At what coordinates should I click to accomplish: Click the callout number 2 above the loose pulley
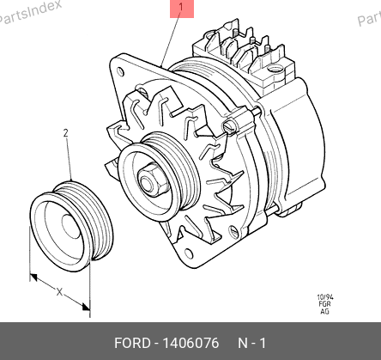[66, 133]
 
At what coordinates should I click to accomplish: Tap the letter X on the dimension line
[59, 292]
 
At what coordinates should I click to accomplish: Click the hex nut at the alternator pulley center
[151, 180]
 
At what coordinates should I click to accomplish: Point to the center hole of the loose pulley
[71, 226]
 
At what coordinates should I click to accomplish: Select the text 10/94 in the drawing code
[325, 297]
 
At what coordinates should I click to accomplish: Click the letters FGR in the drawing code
[324, 304]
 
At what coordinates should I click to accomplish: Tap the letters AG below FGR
[324, 311]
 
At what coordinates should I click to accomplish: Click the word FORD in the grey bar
[132, 343]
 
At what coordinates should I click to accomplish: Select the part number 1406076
[190, 343]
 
